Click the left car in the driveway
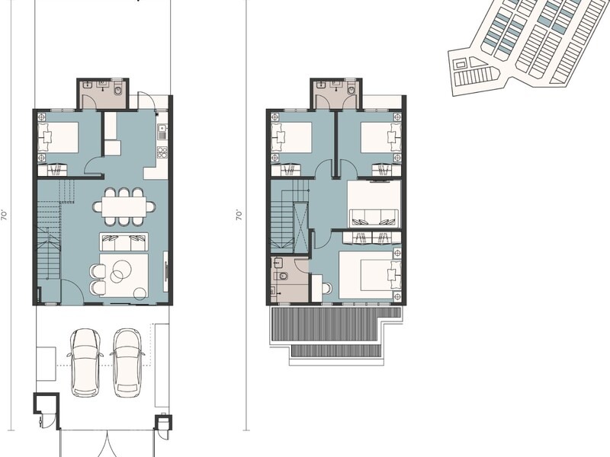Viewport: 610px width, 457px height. click(85, 363)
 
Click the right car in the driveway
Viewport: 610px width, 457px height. click(127, 363)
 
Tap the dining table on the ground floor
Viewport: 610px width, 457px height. click(124, 206)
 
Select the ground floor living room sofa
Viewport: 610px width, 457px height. click(124, 241)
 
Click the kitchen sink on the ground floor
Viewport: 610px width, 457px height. click(162, 132)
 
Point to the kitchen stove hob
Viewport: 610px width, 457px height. click(162, 152)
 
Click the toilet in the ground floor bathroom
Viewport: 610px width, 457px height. click(118, 90)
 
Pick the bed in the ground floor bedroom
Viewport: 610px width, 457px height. click(58, 138)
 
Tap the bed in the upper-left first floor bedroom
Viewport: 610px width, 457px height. click(292, 138)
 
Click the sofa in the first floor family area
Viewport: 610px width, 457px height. click(374, 218)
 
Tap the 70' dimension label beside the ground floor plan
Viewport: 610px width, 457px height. click(5, 216)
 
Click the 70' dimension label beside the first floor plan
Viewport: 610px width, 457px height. click(239, 216)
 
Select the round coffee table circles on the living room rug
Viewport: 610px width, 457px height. click(121, 270)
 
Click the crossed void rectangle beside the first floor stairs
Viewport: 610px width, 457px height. click(301, 227)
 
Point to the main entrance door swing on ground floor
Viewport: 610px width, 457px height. click(72, 291)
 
